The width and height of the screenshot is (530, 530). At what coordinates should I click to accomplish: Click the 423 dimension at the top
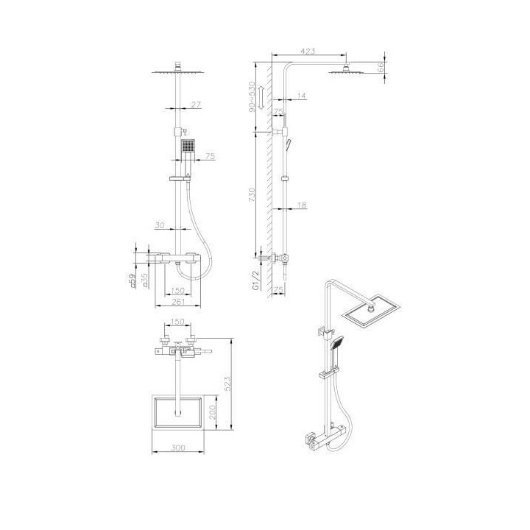(x=308, y=51)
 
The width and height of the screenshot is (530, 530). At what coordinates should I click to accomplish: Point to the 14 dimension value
(x=303, y=95)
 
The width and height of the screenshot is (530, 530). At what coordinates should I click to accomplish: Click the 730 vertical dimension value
(x=252, y=194)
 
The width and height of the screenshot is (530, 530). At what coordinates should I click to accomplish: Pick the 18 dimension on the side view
(x=303, y=206)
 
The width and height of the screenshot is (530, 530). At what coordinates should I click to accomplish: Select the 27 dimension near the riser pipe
(x=195, y=105)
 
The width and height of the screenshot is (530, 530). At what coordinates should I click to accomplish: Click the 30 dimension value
(x=160, y=226)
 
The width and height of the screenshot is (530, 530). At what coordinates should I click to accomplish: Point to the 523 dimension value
(x=228, y=383)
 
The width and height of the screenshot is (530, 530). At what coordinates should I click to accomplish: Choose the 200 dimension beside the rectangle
(x=213, y=412)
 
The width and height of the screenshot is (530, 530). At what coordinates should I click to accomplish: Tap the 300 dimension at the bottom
(x=177, y=448)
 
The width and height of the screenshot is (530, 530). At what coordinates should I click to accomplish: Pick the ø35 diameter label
(x=145, y=280)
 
